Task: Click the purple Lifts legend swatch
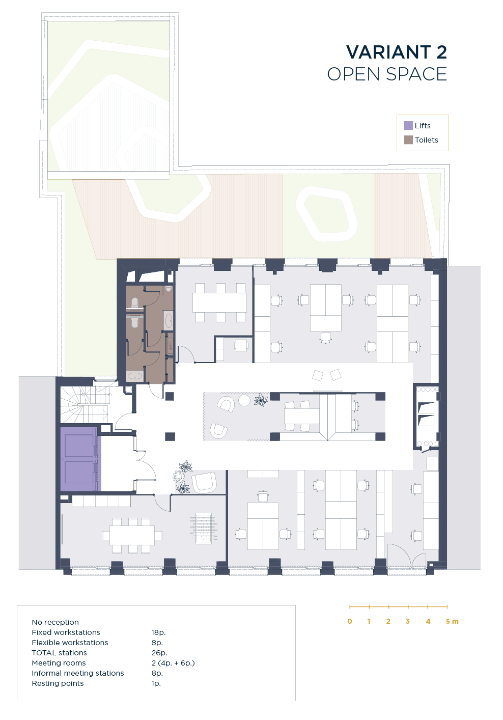(408, 125)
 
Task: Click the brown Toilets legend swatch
(408, 140)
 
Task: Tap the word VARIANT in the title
(388, 52)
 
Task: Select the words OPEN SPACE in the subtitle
(387, 74)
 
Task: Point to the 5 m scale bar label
(452, 621)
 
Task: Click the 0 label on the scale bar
(350, 621)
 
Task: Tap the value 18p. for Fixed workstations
(158, 632)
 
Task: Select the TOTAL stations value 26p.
(159, 652)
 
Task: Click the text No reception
(55, 622)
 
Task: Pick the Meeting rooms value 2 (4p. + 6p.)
(173, 663)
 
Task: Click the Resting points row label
(58, 683)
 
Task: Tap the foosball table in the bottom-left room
(204, 528)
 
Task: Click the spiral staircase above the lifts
(84, 405)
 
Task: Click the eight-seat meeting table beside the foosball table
(132, 535)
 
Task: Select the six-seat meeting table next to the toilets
(220, 302)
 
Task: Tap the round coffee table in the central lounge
(244, 400)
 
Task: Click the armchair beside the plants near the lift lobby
(204, 482)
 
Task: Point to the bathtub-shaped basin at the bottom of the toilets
(135, 376)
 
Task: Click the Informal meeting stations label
(78, 673)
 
